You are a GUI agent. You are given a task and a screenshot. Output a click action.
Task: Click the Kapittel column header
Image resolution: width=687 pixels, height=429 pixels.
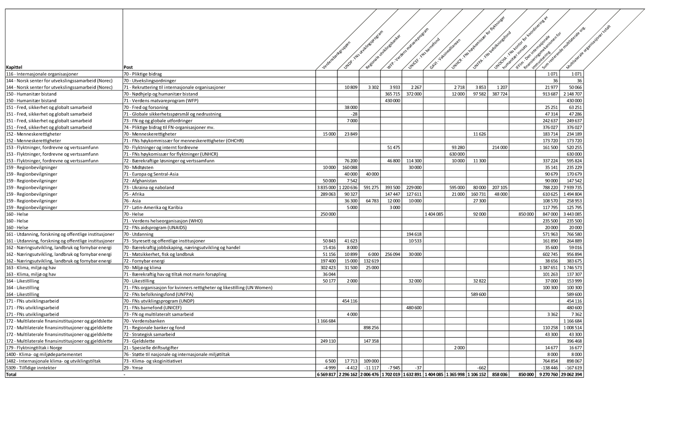(14, 67)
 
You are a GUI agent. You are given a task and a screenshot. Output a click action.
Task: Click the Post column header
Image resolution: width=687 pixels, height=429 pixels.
(128, 67)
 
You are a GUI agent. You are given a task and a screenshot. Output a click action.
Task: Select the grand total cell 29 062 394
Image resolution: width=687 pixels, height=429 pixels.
(571, 375)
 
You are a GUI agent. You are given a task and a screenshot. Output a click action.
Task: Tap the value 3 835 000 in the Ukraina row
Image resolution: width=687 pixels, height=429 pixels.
(326, 188)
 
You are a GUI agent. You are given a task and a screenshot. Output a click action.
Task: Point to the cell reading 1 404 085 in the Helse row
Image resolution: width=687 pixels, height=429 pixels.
(434, 214)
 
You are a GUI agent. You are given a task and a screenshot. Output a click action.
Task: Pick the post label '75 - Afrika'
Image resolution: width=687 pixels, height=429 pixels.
(134, 194)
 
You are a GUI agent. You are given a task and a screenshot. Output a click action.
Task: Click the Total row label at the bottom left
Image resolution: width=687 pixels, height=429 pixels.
(11, 375)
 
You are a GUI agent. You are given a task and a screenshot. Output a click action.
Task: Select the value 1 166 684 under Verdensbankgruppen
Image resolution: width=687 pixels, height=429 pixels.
(326, 321)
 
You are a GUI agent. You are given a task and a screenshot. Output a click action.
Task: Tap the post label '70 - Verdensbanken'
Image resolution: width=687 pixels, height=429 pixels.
(144, 321)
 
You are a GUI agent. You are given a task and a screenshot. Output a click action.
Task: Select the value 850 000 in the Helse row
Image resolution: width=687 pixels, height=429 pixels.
(526, 214)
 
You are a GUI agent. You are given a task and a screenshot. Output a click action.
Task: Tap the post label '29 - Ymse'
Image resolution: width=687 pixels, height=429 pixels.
(133, 368)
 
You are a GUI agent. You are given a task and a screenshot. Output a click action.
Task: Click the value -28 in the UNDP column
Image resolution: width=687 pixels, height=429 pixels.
(354, 114)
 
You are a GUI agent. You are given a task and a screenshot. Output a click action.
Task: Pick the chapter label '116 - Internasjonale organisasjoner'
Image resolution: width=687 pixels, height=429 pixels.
(42, 74)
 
